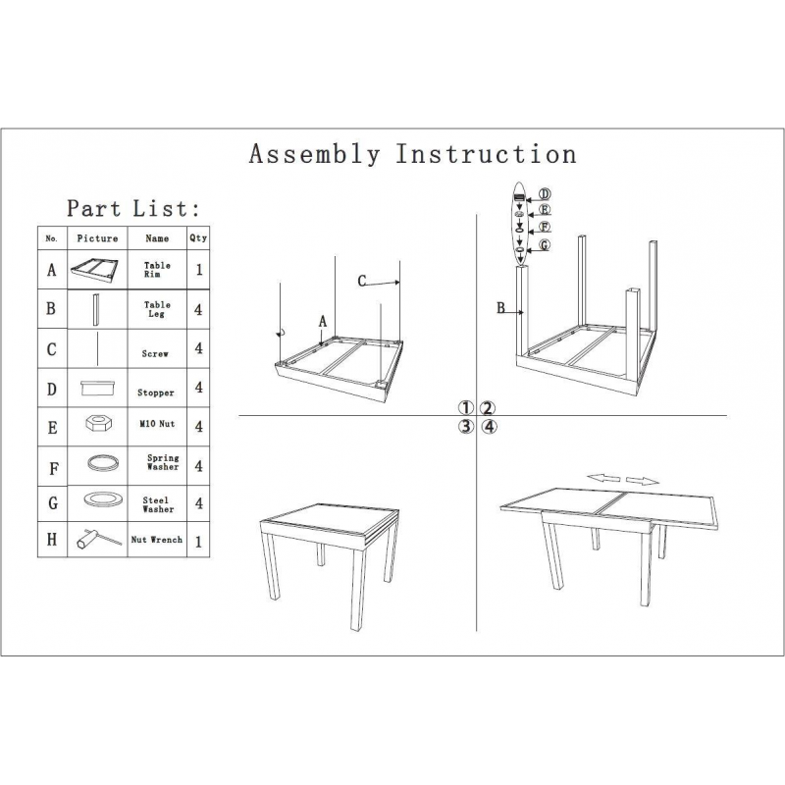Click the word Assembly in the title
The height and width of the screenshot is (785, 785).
[x=314, y=154]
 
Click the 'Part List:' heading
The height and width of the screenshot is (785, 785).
[x=133, y=208]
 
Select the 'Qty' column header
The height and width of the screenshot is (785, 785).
[x=198, y=237]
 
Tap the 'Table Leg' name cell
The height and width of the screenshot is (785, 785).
[x=157, y=309]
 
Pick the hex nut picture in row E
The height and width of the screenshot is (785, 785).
[x=99, y=423]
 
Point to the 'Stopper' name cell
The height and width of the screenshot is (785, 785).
[x=156, y=392]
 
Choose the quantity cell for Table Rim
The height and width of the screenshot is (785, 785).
[x=199, y=270]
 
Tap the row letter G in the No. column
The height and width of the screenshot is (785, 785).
[x=53, y=503]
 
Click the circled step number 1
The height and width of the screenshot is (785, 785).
[x=465, y=408]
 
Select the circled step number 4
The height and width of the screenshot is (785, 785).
[x=489, y=427]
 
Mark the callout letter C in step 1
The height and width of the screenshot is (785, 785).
[x=362, y=282]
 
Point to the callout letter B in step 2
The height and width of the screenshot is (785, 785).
[x=500, y=308]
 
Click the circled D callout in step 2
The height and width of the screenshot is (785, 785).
[x=545, y=194]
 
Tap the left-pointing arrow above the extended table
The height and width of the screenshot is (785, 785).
[x=603, y=478]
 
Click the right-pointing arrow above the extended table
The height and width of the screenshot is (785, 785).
[x=643, y=481]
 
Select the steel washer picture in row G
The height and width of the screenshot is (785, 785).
[x=103, y=499]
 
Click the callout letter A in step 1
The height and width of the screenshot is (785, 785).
[x=323, y=322]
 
